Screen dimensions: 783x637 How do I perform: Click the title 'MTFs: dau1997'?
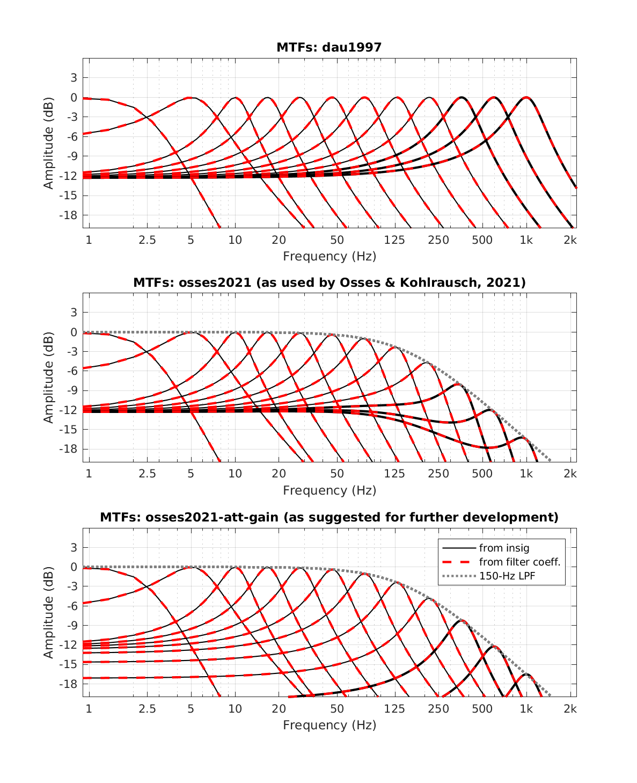[329, 47]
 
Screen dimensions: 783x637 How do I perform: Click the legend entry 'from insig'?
[504, 548]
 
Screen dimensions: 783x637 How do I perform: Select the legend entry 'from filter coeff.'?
[519, 562]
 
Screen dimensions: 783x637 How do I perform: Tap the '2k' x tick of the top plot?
[570, 240]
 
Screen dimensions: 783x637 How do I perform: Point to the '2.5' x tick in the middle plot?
[147, 474]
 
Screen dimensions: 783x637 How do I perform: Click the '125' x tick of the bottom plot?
[394, 709]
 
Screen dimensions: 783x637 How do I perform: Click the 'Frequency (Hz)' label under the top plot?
[330, 256]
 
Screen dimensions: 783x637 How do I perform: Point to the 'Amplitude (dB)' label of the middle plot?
[49, 378]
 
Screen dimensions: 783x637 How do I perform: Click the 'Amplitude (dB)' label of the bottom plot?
[49, 612]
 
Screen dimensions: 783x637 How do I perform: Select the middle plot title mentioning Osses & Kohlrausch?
[329, 282]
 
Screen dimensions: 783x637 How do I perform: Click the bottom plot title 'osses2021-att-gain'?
[329, 517]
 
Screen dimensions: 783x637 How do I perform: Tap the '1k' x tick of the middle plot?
[526, 474]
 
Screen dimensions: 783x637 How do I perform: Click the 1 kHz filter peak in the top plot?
[526, 98]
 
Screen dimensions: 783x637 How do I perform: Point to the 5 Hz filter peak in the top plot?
[191, 98]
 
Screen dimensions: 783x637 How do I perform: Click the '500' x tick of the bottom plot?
[482, 709]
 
